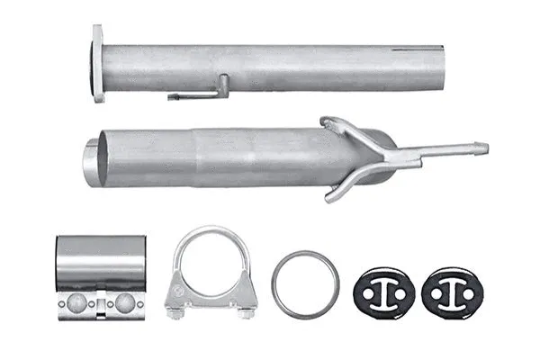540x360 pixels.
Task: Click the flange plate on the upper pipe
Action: pyautogui.click(x=97, y=63)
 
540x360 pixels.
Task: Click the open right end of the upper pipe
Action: pyautogui.click(x=438, y=67)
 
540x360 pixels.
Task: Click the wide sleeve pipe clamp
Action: pyautogui.click(x=101, y=265)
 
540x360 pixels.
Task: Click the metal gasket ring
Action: pyautogui.click(x=305, y=284)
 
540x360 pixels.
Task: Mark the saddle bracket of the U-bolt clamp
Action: pyautogui.click(x=210, y=292)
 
